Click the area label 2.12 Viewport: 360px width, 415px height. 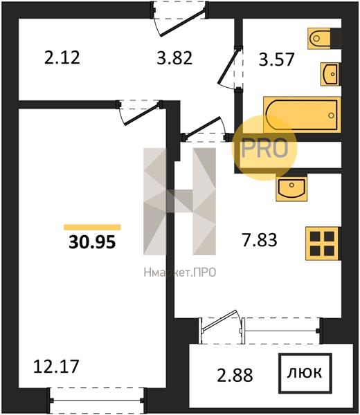coord(62,57)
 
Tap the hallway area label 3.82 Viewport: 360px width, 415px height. coord(174,58)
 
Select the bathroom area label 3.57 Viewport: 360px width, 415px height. coord(276,59)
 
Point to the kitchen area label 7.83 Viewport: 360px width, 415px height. coord(260,240)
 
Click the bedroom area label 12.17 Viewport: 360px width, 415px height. coord(56,367)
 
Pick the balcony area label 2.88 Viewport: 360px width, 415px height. coord(235,376)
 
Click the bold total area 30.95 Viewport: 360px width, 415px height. coord(92,242)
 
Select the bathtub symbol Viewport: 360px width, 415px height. coord(302,115)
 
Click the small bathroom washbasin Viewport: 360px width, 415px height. coord(330,74)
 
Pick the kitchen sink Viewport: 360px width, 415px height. coord(291,187)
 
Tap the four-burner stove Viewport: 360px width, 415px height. coord(323,243)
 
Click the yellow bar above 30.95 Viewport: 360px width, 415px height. coord(93,228)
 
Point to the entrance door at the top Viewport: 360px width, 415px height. coord(179,19)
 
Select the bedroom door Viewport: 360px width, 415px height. coord(140,112)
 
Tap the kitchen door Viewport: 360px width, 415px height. coord(205,129)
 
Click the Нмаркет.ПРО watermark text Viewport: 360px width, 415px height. coord(180,273)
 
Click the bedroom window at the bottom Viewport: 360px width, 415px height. coord(97,400)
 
